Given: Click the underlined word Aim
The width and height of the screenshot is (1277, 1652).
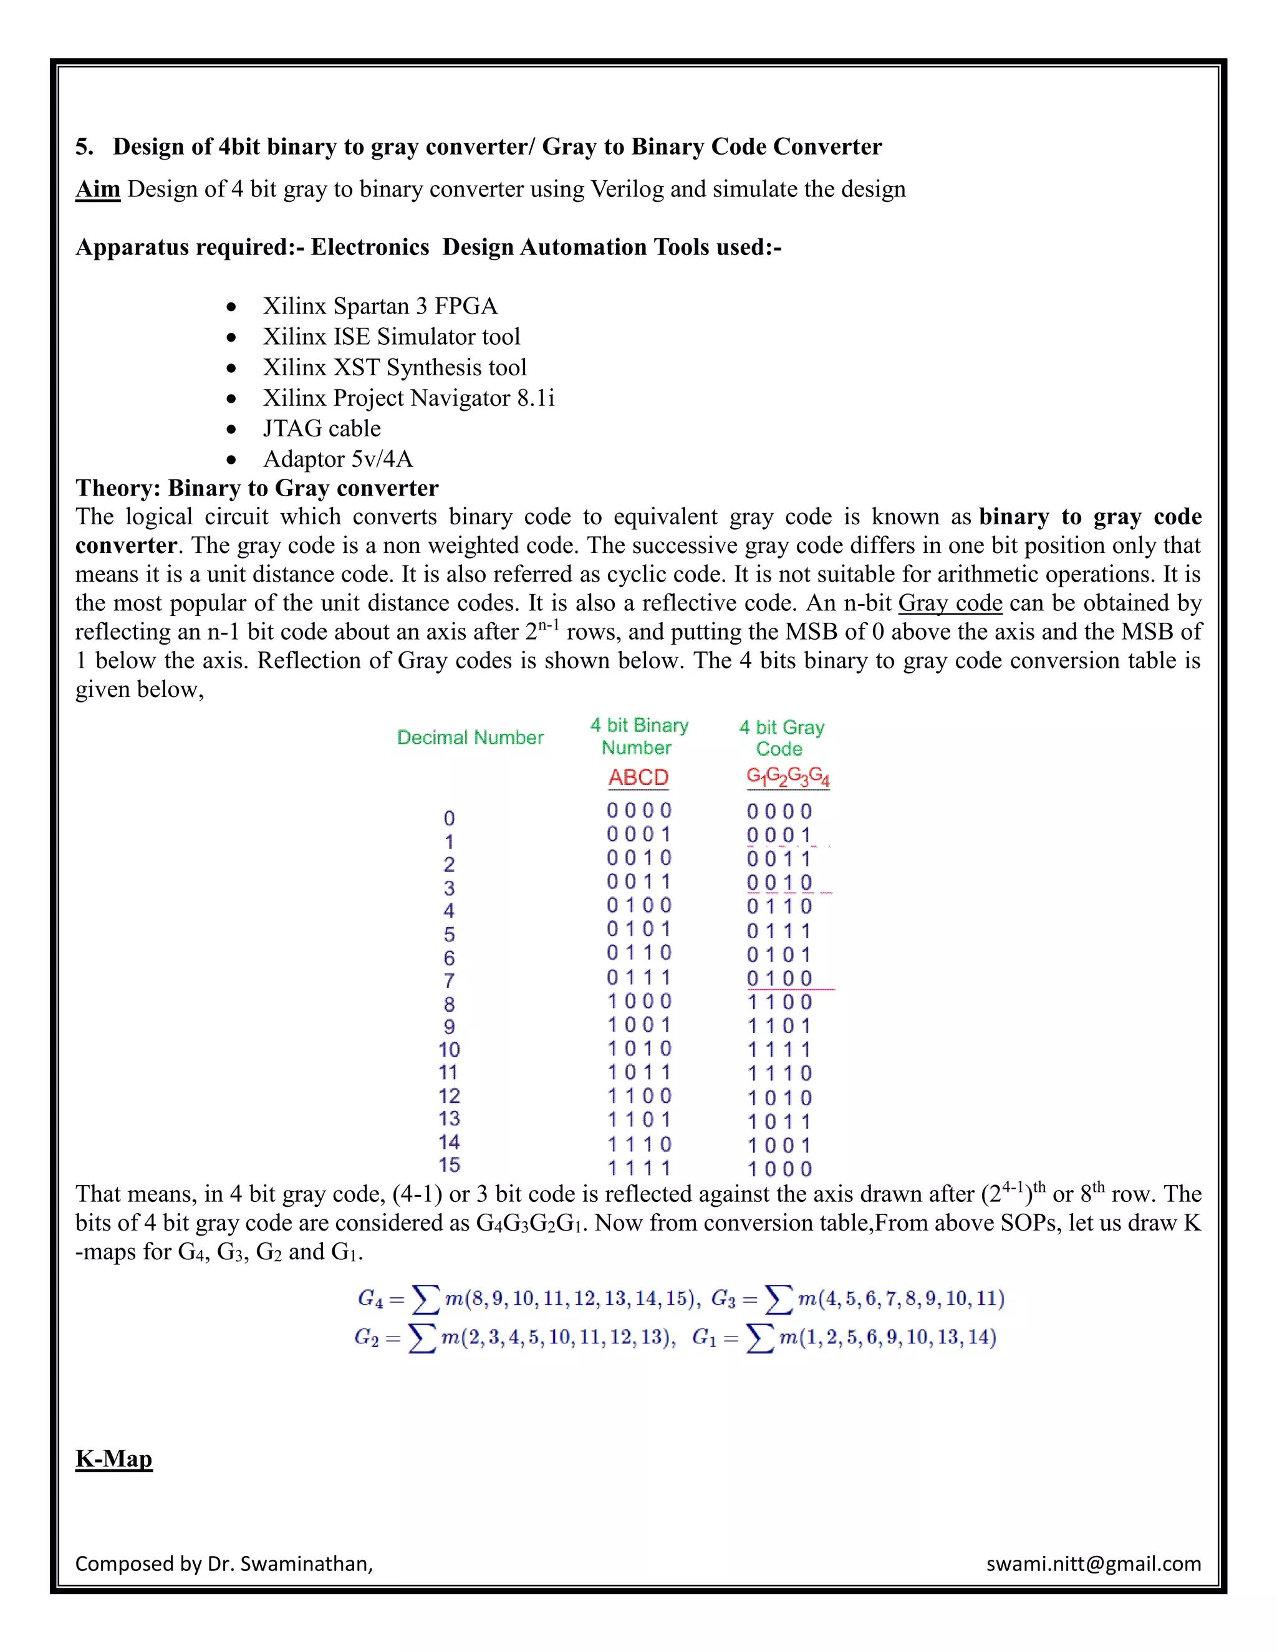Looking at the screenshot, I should click(98, 189).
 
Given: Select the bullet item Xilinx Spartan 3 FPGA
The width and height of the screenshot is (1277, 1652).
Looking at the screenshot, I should click(380, 306).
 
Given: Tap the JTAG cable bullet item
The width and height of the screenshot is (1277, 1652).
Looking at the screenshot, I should click(322, 429).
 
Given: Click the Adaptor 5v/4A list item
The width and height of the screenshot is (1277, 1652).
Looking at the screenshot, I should click(337, 459).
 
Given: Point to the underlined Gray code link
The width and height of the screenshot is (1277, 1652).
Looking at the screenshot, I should click(950, 603).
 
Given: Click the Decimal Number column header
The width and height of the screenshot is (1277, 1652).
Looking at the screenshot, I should click(470, 737).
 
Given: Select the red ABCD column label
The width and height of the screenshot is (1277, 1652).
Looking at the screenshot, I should click(638, 777).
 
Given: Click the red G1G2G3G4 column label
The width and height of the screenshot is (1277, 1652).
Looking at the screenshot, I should click(788, 777).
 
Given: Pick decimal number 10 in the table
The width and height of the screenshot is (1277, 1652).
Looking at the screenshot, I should click(450, 1050).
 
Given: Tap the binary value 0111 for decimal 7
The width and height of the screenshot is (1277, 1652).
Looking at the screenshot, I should click(638, 977).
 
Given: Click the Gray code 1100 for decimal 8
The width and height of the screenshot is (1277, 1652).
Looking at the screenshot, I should click(779, 1002).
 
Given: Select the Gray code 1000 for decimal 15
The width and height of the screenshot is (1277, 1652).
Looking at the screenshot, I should click(779, 1169).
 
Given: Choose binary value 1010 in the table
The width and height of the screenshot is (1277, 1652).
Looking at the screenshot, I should click(638, 1049).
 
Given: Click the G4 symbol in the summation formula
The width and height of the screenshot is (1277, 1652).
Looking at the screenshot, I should click(370, 1299).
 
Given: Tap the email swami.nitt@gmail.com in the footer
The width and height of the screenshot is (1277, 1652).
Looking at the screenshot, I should click(1093, 1563).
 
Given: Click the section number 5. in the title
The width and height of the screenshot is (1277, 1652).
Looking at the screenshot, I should click(85, 146).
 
